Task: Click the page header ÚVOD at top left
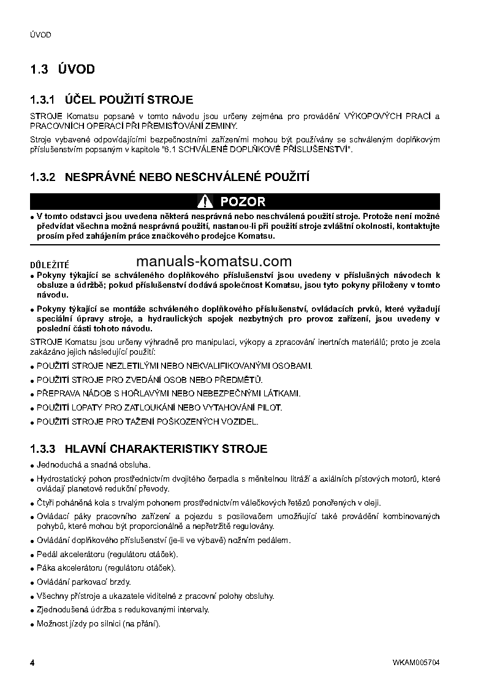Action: pos(40,35)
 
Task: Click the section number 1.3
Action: pos(39,69)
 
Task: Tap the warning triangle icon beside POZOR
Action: pos(205,201)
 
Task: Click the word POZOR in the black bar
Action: pos(243,201)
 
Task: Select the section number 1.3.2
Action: pos(43,178)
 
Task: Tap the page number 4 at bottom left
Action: pos(32,664)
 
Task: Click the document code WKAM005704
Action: pos(417,664)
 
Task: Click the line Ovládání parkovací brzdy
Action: pos(84,582)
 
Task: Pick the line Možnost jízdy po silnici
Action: pos(98,624)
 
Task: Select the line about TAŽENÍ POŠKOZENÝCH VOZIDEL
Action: pos(148,421)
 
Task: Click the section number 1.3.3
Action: pos(43,449)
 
